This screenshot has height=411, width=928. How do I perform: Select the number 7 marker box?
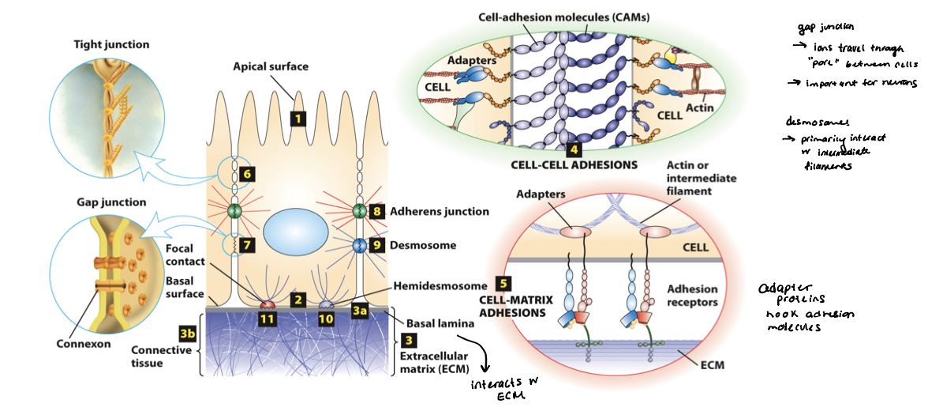click(246, 245)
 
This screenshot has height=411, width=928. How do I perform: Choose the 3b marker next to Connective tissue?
click(187, 334)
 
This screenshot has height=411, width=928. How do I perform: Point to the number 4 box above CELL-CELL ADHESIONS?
click(574, 148)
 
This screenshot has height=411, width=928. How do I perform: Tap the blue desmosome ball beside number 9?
click(359, 245)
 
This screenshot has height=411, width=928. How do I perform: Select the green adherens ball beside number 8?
click(359, 211)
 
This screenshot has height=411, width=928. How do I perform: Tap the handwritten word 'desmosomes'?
click(814, 122)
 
